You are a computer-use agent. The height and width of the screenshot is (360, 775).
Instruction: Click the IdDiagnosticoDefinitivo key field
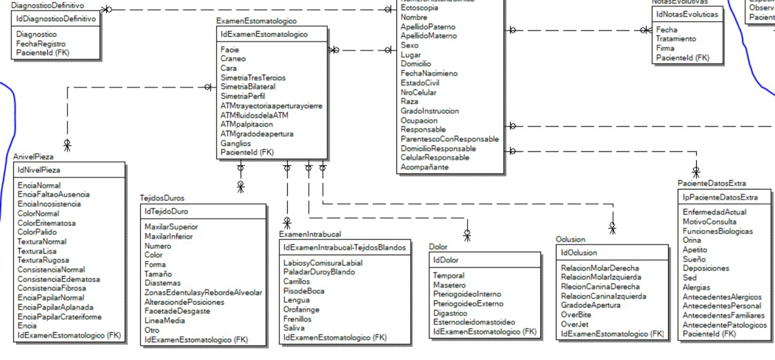pos(56,19)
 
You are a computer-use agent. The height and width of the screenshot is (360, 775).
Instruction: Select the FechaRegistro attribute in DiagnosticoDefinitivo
pos(41,44)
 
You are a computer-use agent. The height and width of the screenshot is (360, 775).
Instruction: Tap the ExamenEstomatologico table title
pos(256,21)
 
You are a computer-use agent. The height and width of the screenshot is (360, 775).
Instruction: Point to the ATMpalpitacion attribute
pos(247,124)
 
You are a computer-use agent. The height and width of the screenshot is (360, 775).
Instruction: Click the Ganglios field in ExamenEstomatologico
pos(235,143)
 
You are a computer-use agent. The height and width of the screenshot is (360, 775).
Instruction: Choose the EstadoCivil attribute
pos(420,83)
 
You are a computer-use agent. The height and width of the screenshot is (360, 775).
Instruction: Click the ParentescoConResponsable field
pos(449,139)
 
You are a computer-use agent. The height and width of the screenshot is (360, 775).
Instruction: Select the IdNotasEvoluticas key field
pos(687,14)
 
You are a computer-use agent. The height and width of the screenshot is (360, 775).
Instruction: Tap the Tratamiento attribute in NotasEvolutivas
pos(676,39)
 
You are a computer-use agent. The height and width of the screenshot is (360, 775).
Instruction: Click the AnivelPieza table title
pos(33,157)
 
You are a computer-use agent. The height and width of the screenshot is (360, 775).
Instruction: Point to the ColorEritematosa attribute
pos(46,223)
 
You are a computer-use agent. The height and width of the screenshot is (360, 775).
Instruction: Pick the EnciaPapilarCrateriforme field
pos(59,316)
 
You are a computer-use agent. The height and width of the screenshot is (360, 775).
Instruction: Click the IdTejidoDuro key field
pos(166,211)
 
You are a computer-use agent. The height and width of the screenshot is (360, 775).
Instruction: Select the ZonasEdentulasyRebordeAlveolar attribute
pos(203,293)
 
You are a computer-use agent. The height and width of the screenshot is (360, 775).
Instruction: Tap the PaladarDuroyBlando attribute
pos(319,272)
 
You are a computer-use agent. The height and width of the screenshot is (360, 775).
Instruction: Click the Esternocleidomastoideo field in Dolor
pos(474,322)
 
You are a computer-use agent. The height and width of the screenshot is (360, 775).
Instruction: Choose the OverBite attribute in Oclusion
pos(576,315)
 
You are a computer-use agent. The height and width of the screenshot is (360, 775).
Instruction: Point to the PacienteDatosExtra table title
pos(711,183)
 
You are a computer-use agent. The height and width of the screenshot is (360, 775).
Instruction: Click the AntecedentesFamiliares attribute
pos(723,315)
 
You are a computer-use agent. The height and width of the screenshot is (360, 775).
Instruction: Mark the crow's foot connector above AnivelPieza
pos(67,145)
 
